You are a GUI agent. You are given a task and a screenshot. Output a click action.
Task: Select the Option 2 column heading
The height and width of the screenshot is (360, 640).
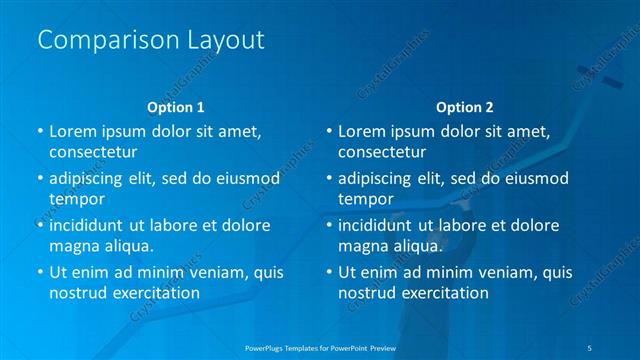point(464,106)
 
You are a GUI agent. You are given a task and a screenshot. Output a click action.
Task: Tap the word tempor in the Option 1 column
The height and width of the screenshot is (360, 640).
point(74,199)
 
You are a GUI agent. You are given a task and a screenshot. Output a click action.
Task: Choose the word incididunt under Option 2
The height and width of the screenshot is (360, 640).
point(374,225)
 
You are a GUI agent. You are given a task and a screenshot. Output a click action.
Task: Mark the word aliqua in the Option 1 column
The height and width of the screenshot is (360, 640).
point(127,246)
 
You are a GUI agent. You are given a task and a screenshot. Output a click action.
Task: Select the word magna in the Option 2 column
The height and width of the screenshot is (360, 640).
point(362,246)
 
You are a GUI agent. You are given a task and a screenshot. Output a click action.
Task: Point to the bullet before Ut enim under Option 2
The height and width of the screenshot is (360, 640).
point(328,272)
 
